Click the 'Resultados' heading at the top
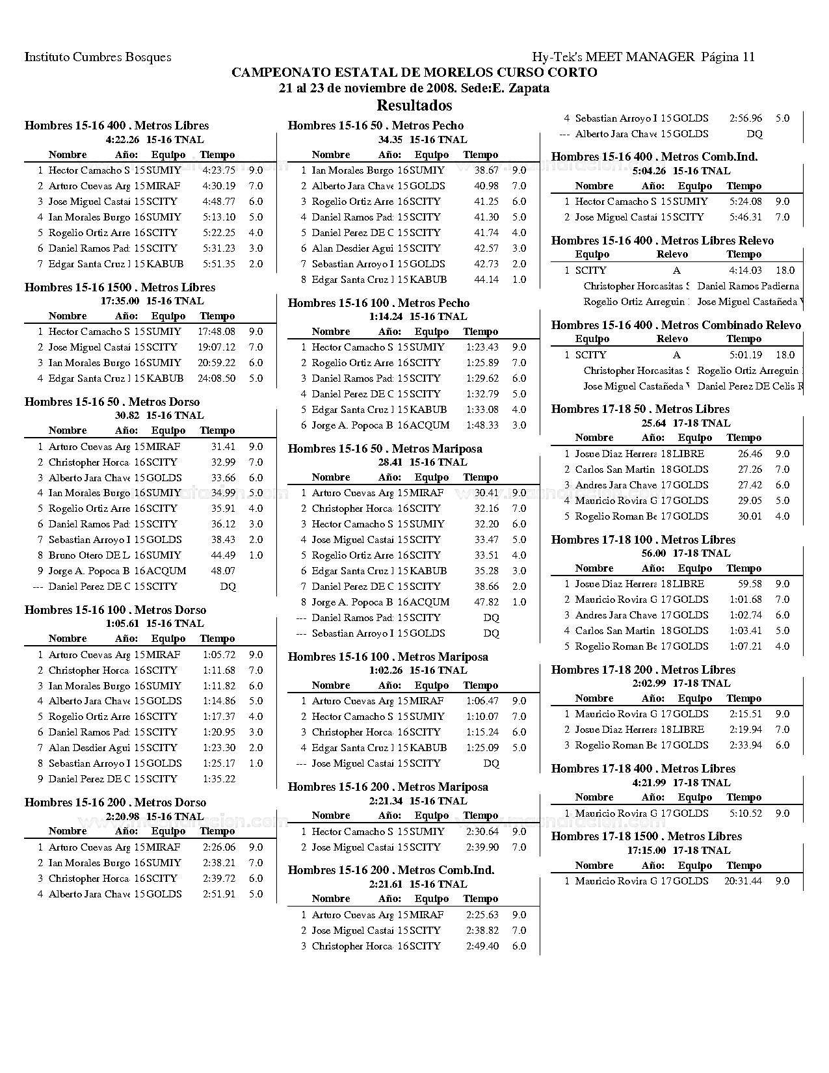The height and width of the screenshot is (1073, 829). coord(414,105)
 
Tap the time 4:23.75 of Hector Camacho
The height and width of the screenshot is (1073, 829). coord(218,170)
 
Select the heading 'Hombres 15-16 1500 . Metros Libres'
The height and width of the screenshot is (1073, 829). coord(120,287)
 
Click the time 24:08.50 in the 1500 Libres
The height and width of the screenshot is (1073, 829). coord(217,378)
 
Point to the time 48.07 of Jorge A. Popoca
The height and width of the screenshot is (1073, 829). coord(223,571)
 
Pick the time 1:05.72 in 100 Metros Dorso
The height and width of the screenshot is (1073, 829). coord(218,655)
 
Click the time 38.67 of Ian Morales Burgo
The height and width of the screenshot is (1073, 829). coord(486,170)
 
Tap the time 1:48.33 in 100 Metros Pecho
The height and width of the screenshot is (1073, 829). coord(482,425)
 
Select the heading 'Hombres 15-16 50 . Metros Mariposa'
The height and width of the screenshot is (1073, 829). coord(385,449)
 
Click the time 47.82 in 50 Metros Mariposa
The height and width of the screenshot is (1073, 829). coord(486,602)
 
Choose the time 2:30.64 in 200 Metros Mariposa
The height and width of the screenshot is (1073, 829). coord(482,832)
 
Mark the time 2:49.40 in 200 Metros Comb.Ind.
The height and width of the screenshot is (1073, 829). coord(482,946)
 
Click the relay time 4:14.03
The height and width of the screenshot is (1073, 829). coord(745,271)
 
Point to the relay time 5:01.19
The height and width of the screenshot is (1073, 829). coord(745,355)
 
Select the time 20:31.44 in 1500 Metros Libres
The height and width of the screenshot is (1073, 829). coord(743,881)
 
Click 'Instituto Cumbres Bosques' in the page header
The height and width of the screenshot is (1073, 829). coord(98,57)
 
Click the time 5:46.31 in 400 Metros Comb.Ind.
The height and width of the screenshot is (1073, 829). coord(745,217)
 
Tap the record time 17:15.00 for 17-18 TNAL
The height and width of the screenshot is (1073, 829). coord(646,851)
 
